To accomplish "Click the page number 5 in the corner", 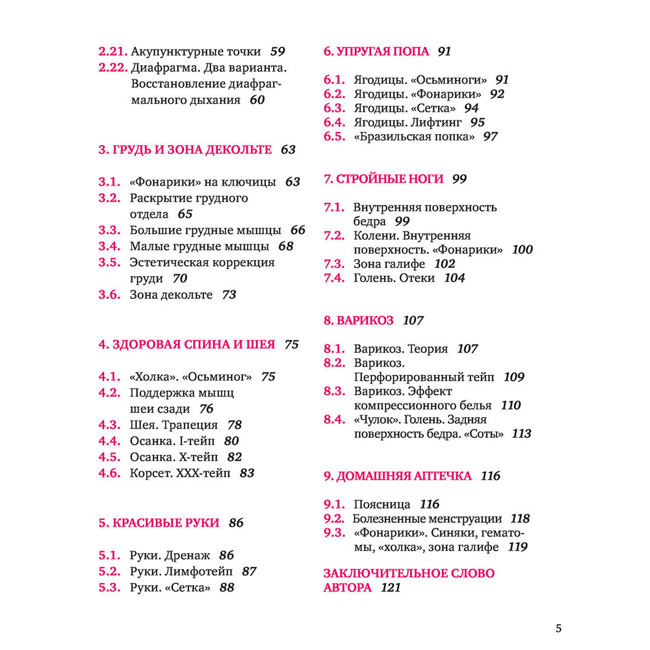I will click(558, 628).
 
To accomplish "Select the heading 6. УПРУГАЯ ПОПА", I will click(376, 51).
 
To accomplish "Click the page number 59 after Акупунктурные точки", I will click(278, 51).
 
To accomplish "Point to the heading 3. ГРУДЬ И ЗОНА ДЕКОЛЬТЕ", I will click(185, 149).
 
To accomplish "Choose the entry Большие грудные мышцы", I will click(205, 230).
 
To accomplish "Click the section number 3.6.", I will click(110, 294).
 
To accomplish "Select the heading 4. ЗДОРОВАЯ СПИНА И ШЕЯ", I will click(187, 344).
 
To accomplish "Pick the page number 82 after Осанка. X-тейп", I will click(235, 457).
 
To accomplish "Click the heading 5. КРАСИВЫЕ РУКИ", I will click(159, 522).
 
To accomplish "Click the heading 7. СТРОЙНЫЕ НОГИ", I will click(383, 179).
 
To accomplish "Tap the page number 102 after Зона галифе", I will click(445, 264).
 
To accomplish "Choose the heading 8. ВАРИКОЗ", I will click(359, 320).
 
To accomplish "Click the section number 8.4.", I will click(335, 419).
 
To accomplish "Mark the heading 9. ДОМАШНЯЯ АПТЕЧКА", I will click(398, 476).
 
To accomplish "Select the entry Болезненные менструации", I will click(427, 519).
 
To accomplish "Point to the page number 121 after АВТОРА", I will click(391, 588).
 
